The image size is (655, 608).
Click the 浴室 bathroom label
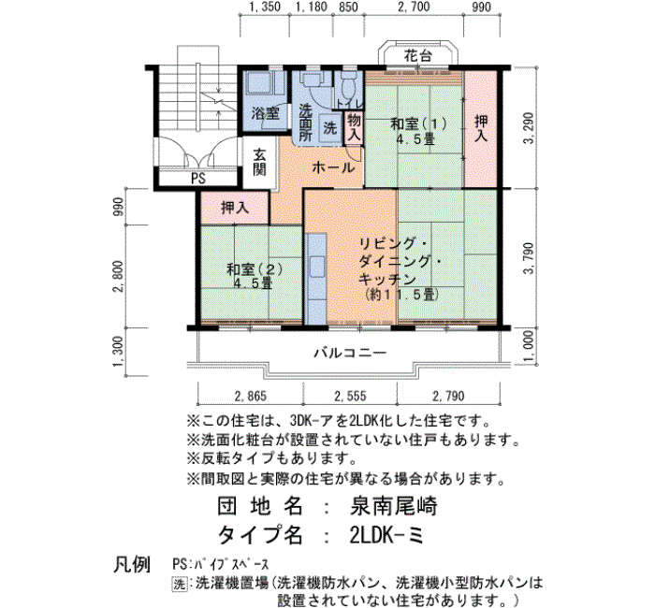point(265,112)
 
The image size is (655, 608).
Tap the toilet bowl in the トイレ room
point(348,87)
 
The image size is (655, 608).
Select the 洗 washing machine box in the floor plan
point(330,127)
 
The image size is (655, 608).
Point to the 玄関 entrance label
point(259,162)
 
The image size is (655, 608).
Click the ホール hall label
point(333,167)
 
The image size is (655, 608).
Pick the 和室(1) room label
point(418,123)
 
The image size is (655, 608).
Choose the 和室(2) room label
point(254,269)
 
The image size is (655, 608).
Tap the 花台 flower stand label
point(417,55)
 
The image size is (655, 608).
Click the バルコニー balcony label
point(350,353)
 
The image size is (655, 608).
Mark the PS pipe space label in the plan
point(198,179)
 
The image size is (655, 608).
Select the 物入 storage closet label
point(354,127)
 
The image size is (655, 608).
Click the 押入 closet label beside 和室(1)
point(481,128)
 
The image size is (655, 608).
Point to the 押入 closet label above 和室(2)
point(235,207)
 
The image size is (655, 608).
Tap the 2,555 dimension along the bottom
point(350,396)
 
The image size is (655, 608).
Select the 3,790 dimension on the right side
point(529,258)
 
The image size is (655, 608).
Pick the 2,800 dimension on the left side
point(118,276)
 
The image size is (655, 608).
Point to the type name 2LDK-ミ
point(386,535)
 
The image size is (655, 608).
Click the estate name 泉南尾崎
point(393,507)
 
